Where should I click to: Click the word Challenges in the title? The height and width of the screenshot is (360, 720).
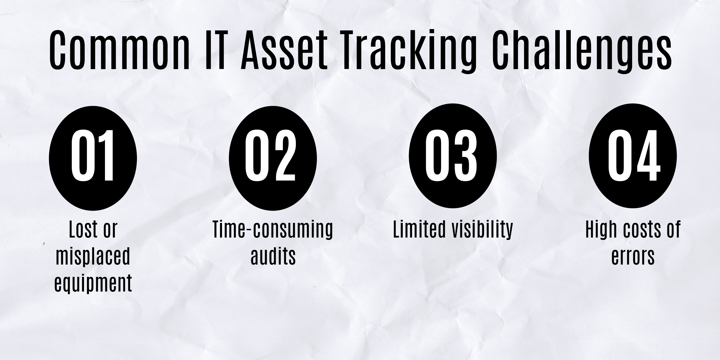click(x=582, y=50)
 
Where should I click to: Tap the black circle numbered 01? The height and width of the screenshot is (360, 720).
click(x=93, y=158)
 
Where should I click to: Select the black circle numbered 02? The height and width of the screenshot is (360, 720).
click(x=273, y=158)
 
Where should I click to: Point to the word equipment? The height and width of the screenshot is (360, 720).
click(x=93, y=283)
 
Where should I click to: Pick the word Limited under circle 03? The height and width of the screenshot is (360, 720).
click(x=419, y=230)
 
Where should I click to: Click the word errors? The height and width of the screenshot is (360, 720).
click(x=633, y=257)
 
